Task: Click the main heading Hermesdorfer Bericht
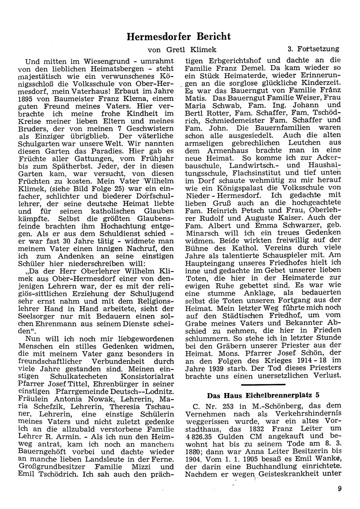(x=179, y=36)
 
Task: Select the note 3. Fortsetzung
(x=313, y=49)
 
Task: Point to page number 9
(x=339, y=489)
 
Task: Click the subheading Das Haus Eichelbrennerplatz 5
(x=264, y=394)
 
